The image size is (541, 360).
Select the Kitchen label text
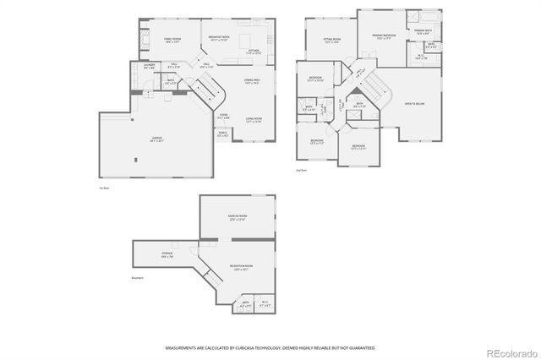coord(253,51)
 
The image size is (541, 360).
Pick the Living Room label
coord(252,118)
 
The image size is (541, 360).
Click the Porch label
coord(222,134)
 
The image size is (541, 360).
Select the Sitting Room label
coord(331,39)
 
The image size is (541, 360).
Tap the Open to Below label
coord(414,104)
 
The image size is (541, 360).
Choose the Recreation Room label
coord(241,266)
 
